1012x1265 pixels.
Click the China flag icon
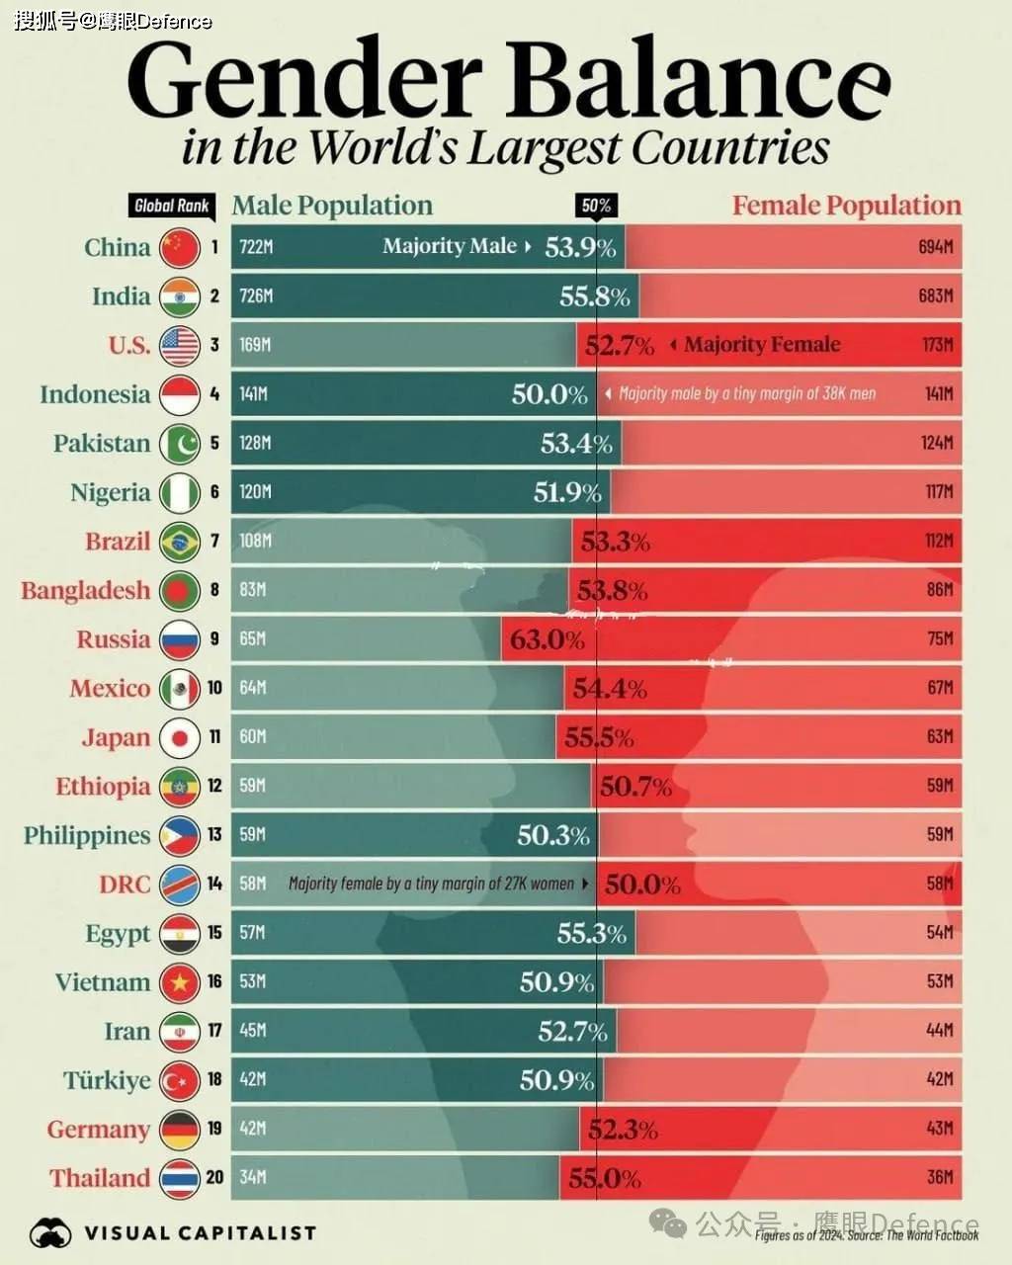pyautogui.click(x=180, y=247)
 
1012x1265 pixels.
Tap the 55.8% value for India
pyautogui.click(x=594, y=295)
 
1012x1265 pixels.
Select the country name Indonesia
pyautogui.click(x=95, y=394)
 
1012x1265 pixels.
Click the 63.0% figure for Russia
pyautogui.click(x=548, y=639)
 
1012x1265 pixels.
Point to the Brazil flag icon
pyautogui.click(x=180, y=542)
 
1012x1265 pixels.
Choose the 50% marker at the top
pyautogui.click(x=596, y=206)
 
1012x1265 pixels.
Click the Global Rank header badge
pyautogui.click(x=172, y=206)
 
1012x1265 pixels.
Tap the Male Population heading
pyautogui.click(x=332, y=206)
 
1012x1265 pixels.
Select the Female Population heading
pyautogui.click(x=846, y=206)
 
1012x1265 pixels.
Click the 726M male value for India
pyautogui.click(x=256, y=295)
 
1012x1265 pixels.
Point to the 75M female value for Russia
pyautogui.click(x=940, y=639)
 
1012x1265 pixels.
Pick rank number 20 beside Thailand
pyautogui.click(x=214, y=1177)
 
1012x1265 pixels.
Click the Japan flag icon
pyautogui.click(x=180, y=737)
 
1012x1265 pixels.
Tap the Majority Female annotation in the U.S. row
pyautogui.click(x=761, y=345)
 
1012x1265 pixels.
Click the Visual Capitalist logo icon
pyautogui.click(x=51, y=1232)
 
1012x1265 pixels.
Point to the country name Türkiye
pyautogui.click(x=107, y=1080)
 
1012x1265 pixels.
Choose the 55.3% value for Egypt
pyautogui.click(x=591, y=933)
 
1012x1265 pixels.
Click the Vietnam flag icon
pyautogui.click(x=180, y=982)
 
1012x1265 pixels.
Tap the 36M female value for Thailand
pyautogui.click(x=940, y=1177)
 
